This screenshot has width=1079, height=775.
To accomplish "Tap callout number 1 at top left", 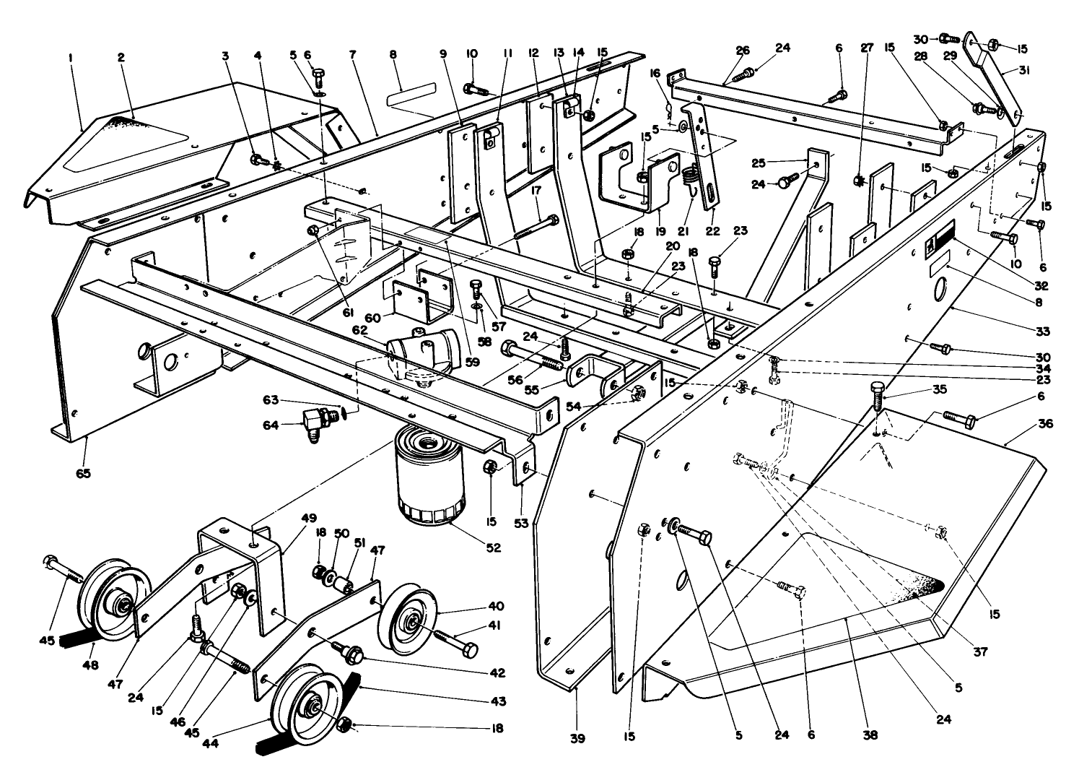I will [x=71, y=56].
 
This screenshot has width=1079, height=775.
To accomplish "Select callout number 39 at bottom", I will [x=576, y=739].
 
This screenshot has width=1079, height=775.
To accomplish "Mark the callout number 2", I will [x=121, y=56].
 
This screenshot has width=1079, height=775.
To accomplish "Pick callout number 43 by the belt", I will [x=497, y=701].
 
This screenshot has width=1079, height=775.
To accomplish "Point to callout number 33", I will [x=1043, y=332].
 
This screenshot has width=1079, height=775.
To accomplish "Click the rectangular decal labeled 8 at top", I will [x=412, y=96].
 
